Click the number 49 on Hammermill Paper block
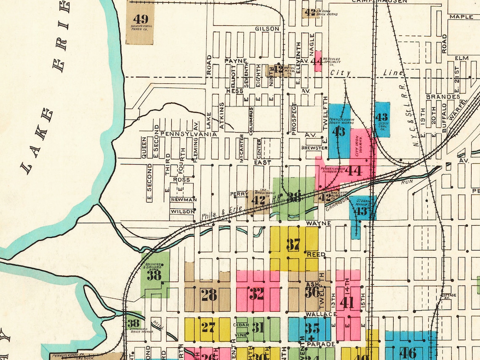pyautogui.click(x=141, y=19)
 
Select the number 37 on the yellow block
pyautogui.click(x=293, y=244)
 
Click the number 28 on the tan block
pyautogui.click(x=209, y=295)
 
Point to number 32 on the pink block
pyautogui.click(x=257, y=293)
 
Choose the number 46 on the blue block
pyautogui.click(x=407, y=352)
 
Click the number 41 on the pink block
pyautogui.click(x=347, y=302)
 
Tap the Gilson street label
pyautogui.click(x=267, y=29)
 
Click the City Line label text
pyautogui.click(x=366, y=73)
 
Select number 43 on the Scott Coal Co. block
pyautogui.click(x=381, y=117)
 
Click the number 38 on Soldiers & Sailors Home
pyautogui.click(x=154, y=275)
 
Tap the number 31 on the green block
pyautogui.click(x=258, y=328)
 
